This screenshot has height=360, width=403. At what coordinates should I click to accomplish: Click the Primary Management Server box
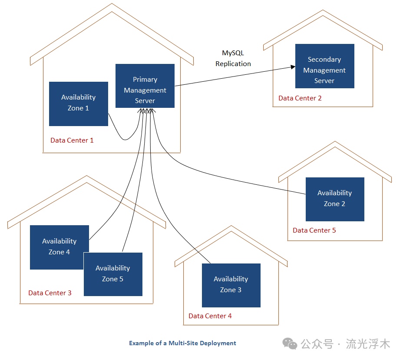[145, 86]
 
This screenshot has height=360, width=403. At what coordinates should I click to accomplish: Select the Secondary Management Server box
[324, 66]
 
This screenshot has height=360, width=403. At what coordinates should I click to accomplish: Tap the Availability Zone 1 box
[78, 104]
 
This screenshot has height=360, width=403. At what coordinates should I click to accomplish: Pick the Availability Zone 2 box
[334, 199]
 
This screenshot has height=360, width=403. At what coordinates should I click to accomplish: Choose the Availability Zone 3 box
[231, 285]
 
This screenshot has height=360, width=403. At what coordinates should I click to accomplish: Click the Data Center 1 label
[72, 140]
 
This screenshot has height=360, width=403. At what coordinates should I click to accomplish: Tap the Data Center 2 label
[300, 98]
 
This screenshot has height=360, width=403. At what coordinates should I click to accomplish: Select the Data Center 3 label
[50, 293]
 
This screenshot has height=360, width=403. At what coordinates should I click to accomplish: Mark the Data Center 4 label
[210, 316]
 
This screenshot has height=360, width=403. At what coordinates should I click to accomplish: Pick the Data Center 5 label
[314, 230]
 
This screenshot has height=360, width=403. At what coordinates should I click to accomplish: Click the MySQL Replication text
[233, 58]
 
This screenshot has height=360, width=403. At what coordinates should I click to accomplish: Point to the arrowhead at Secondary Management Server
[292, 67]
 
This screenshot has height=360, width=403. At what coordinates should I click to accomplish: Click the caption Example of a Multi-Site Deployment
[182, 343]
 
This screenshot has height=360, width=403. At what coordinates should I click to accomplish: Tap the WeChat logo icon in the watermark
[290, 344]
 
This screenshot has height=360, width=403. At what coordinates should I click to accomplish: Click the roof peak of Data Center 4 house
[231, 227]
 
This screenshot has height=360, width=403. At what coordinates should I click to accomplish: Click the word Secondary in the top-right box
[324, 60]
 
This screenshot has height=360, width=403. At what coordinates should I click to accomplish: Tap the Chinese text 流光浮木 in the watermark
[368, 344]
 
